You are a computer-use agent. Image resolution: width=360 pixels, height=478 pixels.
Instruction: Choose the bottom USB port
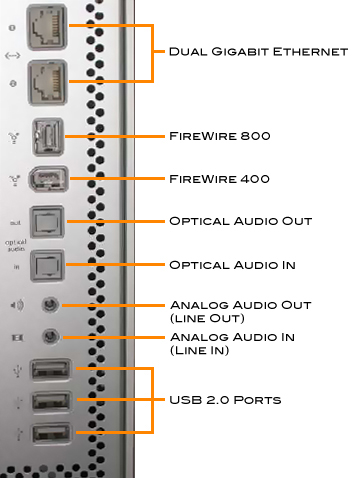click(x=47, y=435)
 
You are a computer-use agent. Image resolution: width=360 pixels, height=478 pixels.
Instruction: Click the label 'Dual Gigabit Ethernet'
click(x=258, y=50)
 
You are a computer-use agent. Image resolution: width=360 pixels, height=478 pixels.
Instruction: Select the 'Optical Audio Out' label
click(x=241, y=220)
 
